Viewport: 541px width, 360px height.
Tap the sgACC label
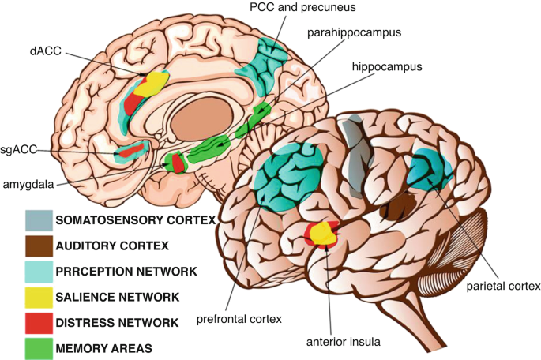[18, 148]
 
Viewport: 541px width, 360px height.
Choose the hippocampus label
[386, 68]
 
